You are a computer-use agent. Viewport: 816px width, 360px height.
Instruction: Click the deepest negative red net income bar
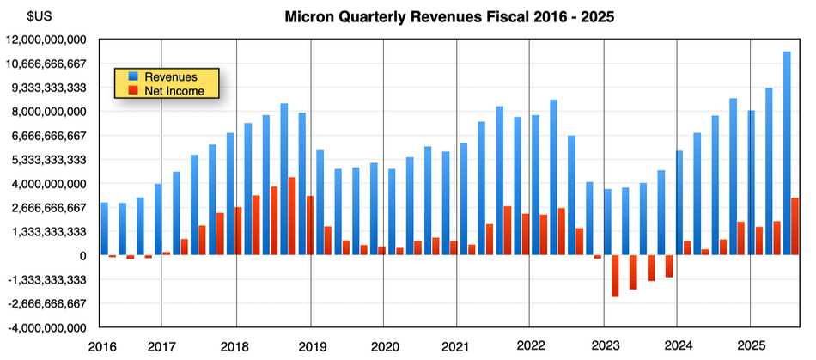[615, 276]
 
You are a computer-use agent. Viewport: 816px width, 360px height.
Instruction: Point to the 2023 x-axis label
[604, 345]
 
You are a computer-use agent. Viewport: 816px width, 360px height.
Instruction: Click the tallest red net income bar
[293, 217]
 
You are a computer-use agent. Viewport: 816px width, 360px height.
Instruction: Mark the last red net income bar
[795, 227]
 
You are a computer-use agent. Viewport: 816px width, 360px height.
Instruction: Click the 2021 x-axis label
[456, 345]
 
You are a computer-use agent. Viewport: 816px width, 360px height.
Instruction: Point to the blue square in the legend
[133, 77]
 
